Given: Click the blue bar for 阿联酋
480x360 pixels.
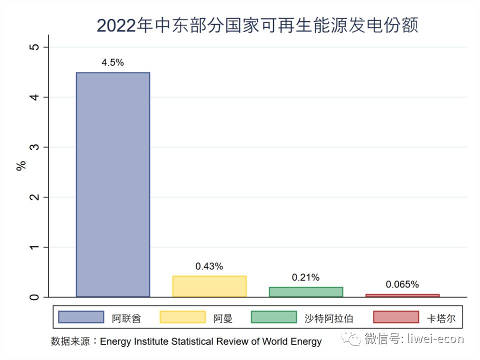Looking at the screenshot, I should click(112, 184).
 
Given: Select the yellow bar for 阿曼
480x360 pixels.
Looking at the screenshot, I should click(209, 286).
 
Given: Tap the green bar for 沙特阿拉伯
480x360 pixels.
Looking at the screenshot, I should click(305, 292).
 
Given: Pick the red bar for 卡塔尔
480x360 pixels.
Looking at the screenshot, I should click(402, 295).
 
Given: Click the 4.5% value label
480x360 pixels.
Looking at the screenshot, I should click(112, 63).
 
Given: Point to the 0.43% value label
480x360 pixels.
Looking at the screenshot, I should click(209, 266).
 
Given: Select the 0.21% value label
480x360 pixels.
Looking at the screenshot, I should click(305, 277).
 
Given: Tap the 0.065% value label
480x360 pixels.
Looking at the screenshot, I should click(402, 284).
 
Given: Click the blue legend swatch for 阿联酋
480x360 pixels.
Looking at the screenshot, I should click(81, 317).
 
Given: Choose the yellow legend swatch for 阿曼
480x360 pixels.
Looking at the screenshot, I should click(182, 317).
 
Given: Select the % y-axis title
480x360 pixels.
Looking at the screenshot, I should click(21, 166).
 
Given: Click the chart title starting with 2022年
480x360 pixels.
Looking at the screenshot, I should click(257, 25).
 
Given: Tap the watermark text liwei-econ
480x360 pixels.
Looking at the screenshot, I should click(436, 339).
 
